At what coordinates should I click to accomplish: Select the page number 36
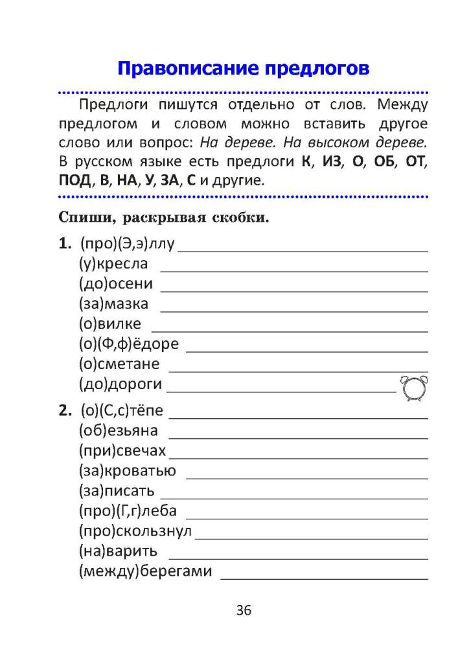point(244,610)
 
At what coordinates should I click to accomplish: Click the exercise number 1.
point(63,244)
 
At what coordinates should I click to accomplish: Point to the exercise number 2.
point(63,410)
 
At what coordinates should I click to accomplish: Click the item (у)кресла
point(113,264)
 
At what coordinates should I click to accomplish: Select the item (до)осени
point(116,283)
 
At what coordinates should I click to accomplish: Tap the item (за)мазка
point(113,303)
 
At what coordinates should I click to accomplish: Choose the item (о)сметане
point(119,364)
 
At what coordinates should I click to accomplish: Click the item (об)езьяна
point(118,431)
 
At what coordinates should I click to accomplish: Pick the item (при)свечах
point(122,451)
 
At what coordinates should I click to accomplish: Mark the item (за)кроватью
point(127,471)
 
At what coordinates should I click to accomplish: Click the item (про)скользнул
point(135,531)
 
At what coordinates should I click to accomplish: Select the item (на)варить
point(118,551)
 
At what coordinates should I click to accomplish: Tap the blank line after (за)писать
point(293,497)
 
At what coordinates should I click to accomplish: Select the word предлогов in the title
point(309,67)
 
